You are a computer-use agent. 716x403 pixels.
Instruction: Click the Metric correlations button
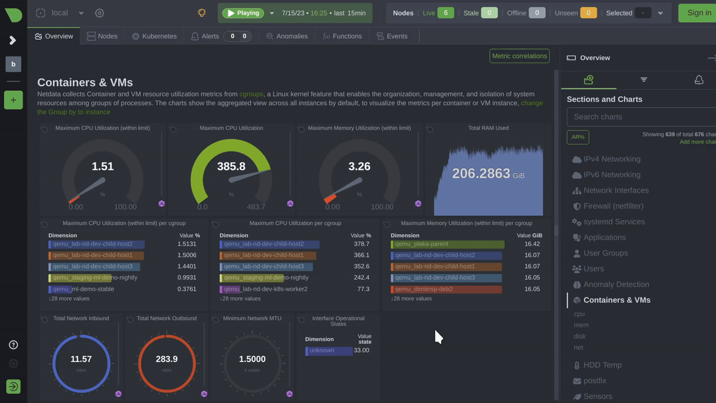(519, 56)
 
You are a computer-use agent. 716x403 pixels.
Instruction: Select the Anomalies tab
(287, 36)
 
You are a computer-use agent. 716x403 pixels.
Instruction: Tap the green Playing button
(243, 13)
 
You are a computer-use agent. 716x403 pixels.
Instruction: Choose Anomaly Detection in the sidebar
(616, 284)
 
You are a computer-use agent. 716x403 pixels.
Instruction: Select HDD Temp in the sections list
(602, 365)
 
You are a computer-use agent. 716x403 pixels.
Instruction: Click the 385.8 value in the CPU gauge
(231, 166)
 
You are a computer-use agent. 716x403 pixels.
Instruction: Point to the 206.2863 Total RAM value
(481, 173)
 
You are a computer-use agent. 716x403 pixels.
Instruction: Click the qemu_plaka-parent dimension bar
(447, 244)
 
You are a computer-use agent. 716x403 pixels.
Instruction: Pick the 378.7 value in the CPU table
(361, 244)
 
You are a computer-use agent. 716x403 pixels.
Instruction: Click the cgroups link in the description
(251, 94)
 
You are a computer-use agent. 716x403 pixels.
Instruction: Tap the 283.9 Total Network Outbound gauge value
(167, 359)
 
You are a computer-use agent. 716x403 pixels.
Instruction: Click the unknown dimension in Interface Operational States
(328, 350)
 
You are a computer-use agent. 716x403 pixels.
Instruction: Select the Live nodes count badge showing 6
(445, 13)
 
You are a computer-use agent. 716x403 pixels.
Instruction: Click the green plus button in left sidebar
(13, 100)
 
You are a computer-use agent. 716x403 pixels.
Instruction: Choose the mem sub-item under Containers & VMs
(581, 325)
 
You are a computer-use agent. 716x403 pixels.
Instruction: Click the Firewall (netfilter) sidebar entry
(613, 206)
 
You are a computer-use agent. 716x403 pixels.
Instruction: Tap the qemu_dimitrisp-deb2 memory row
(446, 289)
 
